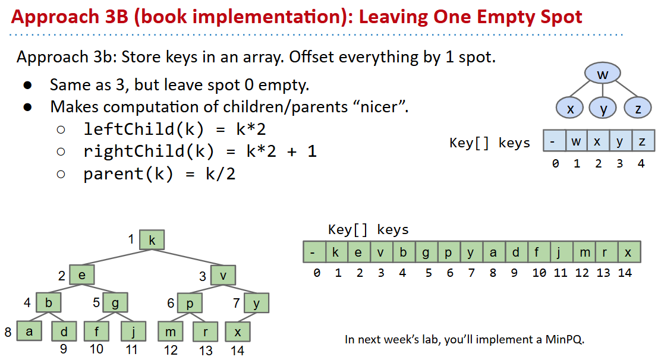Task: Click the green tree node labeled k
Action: (152, 240)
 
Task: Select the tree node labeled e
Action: (82, 275)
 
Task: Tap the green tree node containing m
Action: (171, 331)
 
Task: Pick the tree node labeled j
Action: (134, 331)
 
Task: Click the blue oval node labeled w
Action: (603, 74)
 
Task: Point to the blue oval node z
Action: (638, 108)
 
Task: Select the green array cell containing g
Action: (426, 252)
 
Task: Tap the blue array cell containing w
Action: (576, 141)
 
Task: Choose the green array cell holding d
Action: (516, 252)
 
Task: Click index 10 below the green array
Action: (539, 273)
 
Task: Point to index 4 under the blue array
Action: (641, 163)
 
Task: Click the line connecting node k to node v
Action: (187, 258)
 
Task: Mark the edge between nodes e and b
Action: (65, 289)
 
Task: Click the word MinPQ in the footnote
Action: (564, 339)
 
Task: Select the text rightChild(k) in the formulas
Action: (149, 151)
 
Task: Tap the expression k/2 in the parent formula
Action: (221, 173)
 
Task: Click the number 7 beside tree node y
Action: (237, 302)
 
